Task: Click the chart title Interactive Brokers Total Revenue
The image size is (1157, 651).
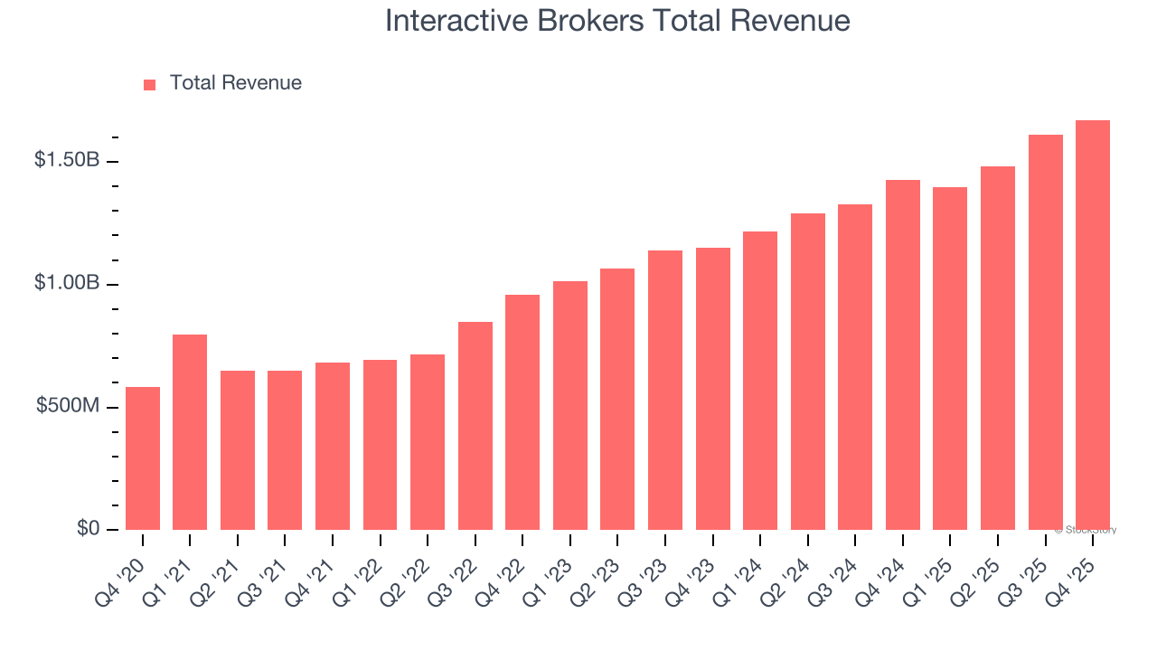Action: [x=617, y=21]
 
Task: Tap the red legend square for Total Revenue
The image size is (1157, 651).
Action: [x=150, y=84]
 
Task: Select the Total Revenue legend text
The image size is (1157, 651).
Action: [x=235, y=83]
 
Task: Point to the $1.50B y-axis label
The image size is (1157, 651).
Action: [x=66, y=160]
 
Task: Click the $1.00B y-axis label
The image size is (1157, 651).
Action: [x=66, y=283]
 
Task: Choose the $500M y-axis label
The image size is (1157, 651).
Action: [x=67, y=406]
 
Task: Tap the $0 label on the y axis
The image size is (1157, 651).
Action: [x=88, y=528]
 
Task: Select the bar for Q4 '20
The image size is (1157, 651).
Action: [x=143, y=459]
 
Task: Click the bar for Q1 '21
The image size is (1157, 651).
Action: [x=190, y=432]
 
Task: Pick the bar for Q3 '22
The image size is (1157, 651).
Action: [x=475, y=426]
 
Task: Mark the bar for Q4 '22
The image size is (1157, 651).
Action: [x=522, y=412]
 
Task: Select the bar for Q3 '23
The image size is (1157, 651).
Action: [x=665, y=391]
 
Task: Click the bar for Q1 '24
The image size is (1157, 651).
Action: [x=760, y=381]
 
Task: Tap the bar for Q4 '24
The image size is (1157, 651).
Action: [x=903, y=355]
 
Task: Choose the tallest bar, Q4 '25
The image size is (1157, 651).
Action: [x=1093, y=325]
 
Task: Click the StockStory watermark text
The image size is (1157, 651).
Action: [x=1086, y=530]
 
